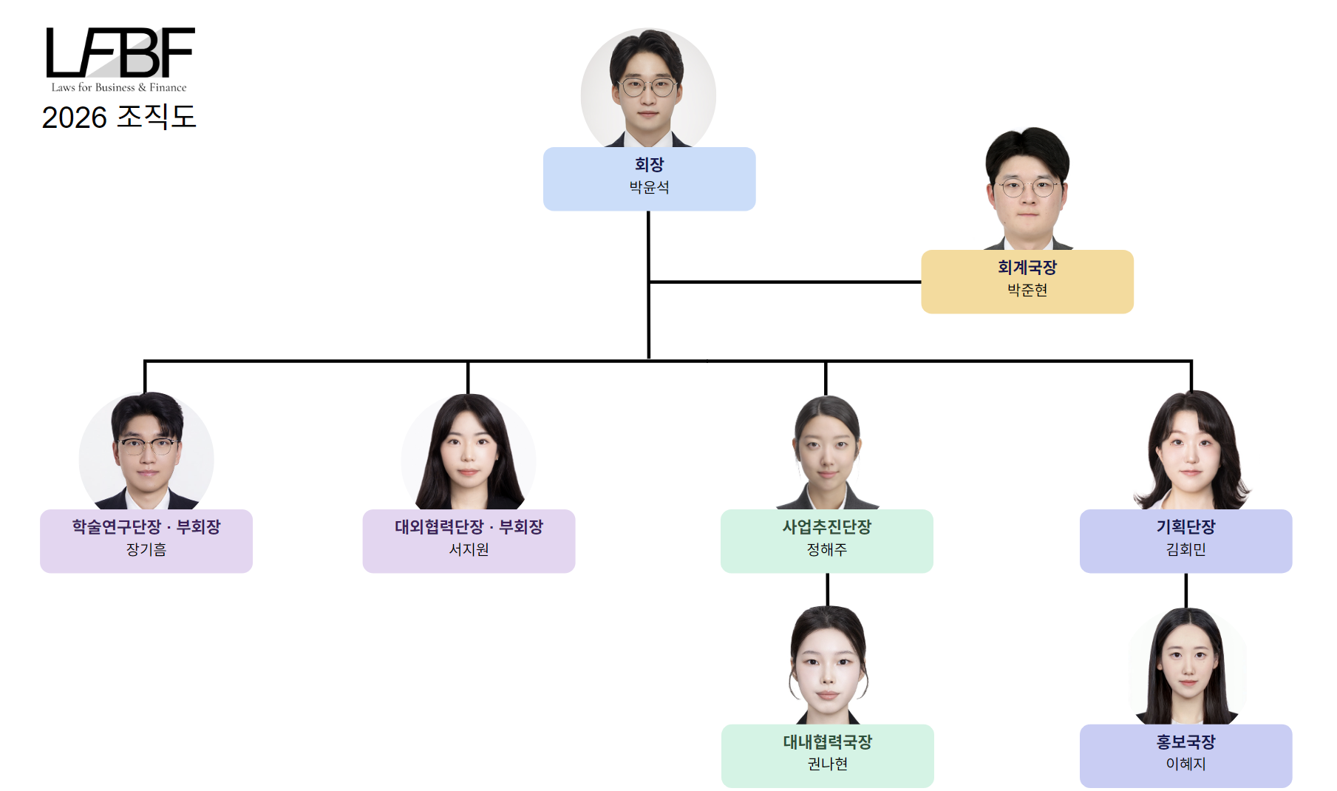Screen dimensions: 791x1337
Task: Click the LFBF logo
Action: (120, 52)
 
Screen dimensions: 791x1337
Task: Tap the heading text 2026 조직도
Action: (119, 117)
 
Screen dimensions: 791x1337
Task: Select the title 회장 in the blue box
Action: (649, 164)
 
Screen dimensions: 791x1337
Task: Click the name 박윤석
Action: (649, 187)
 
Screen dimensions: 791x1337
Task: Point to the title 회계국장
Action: (1027, 267)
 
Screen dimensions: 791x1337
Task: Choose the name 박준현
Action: (1027, 290)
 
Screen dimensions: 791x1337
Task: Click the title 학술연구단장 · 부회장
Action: (146, 526)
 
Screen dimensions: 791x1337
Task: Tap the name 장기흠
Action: (146, 549)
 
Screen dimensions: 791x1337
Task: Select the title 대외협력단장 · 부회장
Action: (469, 526)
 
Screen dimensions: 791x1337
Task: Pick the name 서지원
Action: (469, 549)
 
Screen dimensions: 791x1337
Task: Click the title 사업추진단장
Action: (826, 526)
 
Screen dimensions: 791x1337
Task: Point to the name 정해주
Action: (826, 549)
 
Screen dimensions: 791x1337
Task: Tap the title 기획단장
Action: (1185, 526)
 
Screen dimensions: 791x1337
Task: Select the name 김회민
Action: (1185, 549)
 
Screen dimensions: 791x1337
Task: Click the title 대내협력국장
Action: (827, 741)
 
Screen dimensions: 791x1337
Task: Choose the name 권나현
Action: (827, 764)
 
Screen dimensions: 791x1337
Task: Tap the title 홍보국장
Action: (1185, 741)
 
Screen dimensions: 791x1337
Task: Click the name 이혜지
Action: (1185, 764)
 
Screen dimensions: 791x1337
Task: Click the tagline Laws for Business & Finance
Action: (119, 87)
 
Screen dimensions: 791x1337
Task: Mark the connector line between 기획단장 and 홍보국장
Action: (1186, 590)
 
